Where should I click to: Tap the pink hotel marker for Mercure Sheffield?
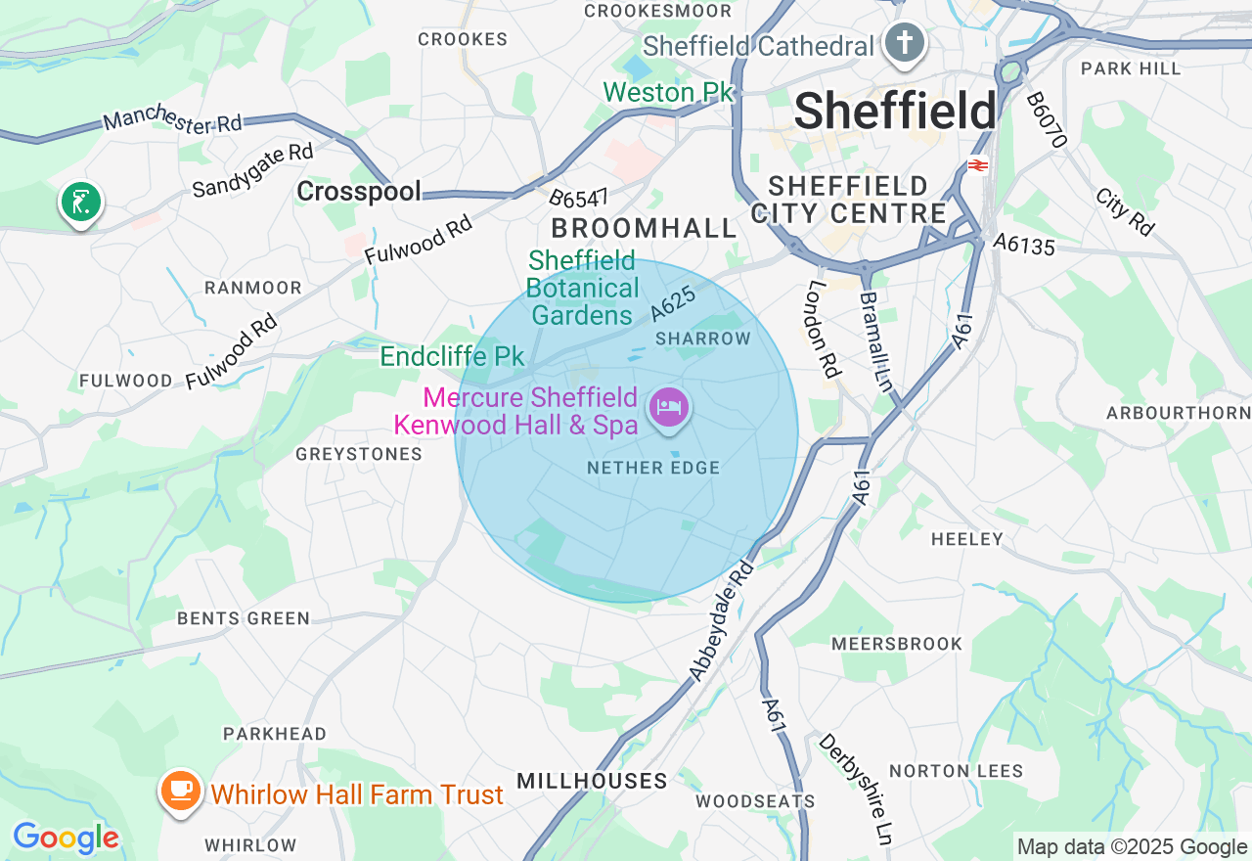670,406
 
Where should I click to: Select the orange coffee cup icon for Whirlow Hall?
180,790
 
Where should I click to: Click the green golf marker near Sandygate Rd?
80,202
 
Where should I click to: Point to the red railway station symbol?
977,165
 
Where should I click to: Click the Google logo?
66,838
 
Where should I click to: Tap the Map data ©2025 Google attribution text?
1132,847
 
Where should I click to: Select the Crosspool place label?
359,192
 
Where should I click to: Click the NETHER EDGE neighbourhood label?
653,469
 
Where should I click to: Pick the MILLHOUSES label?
592,781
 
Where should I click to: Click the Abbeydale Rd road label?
723,620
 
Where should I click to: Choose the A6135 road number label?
1024,245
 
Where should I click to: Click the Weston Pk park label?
668,93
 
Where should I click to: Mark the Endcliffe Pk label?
452,356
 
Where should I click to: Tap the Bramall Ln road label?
876,340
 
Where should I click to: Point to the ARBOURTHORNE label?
1179,413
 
